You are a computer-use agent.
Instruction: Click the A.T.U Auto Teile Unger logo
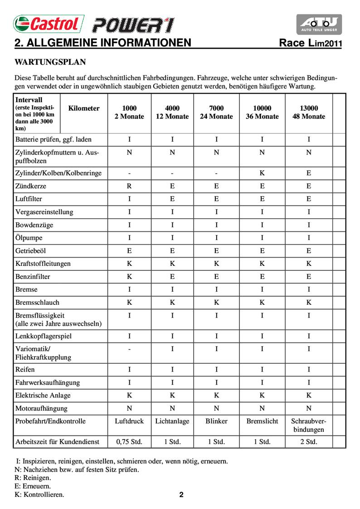click(319, 24)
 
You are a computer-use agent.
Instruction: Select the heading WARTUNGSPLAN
click(50, 61)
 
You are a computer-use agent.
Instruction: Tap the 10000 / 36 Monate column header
click(262, 113)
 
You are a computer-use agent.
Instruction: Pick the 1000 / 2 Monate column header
click(129, 113)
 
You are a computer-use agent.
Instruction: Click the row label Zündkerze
click(31, 186)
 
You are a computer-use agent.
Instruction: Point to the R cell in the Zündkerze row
click(129, 186)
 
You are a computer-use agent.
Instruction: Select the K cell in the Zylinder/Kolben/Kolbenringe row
click(262, 173)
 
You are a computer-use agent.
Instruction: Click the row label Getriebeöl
click(31, 250)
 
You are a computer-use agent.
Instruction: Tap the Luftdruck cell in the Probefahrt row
click(129, 421)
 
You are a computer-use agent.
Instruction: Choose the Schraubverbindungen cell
click(308, 425)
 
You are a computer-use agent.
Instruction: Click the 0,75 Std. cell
click(129, 441)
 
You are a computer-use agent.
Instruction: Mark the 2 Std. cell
click(308, 441)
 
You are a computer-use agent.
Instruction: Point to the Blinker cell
click(216, 421)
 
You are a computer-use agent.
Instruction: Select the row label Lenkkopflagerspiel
click(44, 336)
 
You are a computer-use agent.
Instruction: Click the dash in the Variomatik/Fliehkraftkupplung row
click(129, 349)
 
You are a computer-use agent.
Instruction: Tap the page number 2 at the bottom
click(181, 495)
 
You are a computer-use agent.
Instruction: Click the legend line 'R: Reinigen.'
click(33, 478)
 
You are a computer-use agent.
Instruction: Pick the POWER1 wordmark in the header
click(133, 24)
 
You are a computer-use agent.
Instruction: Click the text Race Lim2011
click(310, 44)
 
